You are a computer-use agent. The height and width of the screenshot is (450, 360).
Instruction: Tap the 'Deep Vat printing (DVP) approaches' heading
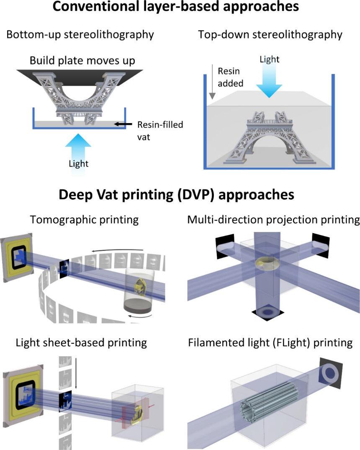[180, 195]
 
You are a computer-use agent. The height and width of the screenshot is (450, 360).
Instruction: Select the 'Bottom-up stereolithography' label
[80, 34]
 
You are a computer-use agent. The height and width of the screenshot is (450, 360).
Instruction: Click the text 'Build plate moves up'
[82, 61]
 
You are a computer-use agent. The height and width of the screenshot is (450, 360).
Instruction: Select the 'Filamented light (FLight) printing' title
[270, 343]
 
